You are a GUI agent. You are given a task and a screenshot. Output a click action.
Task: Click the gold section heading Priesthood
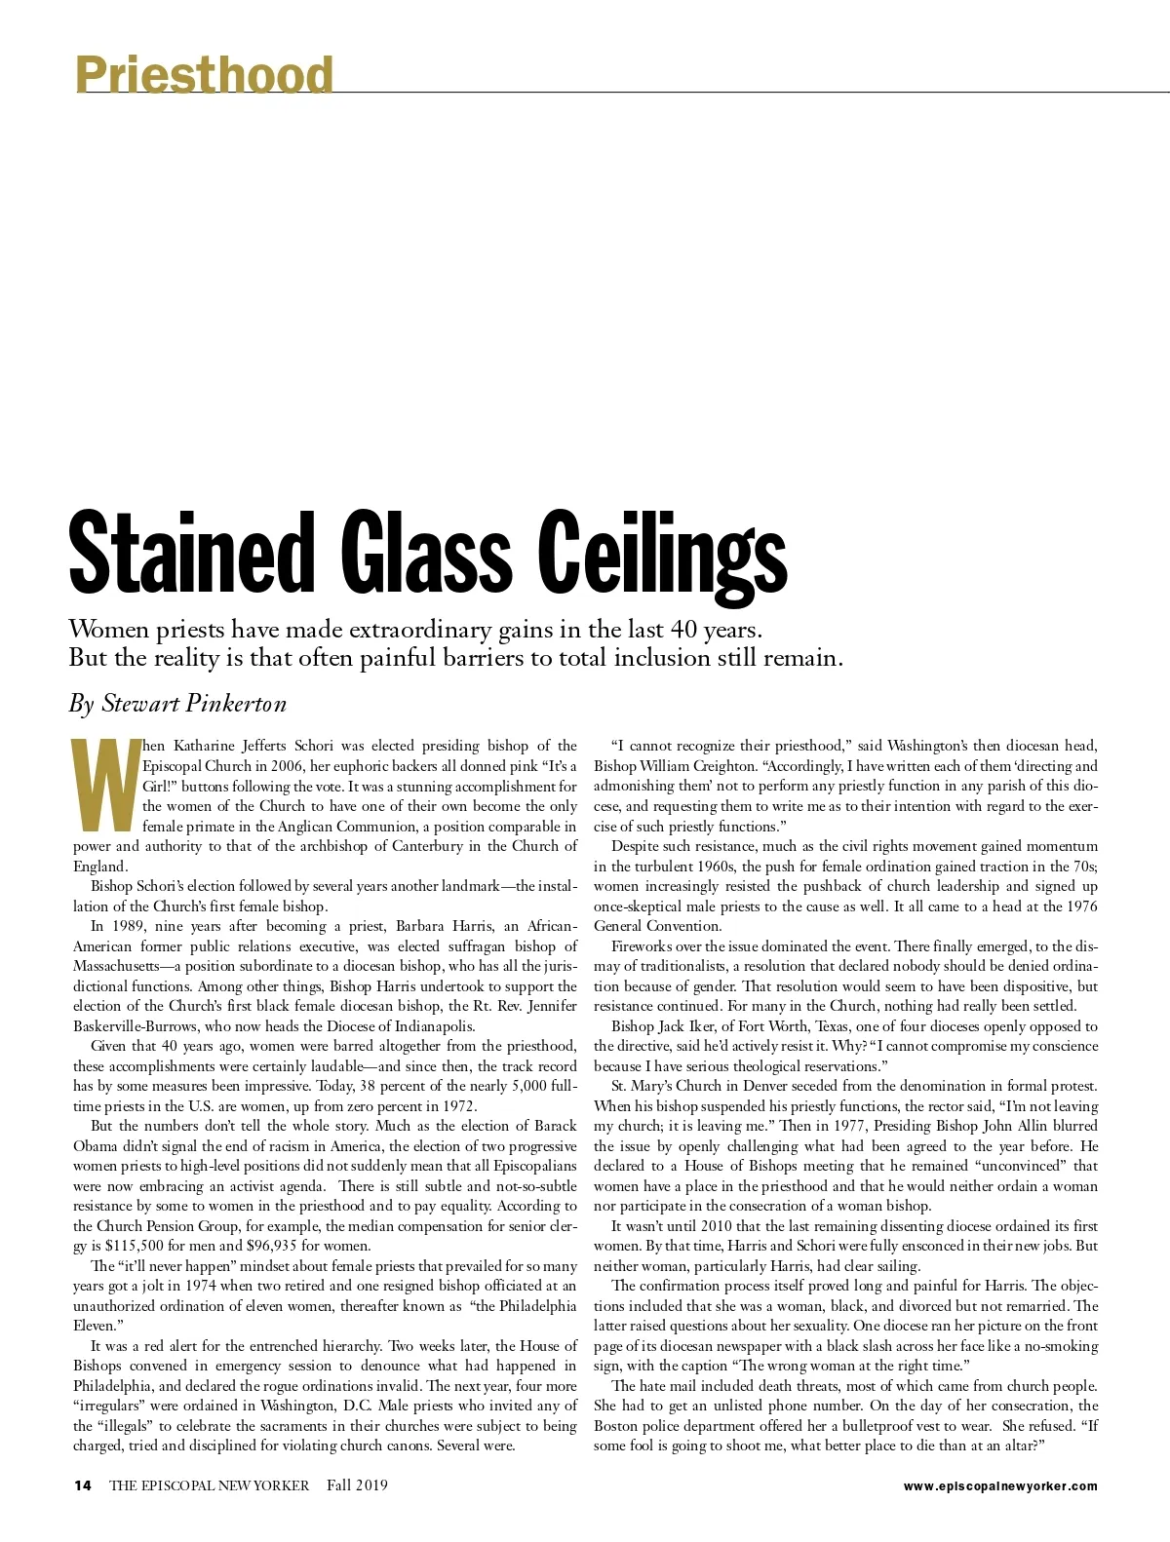[204, 74]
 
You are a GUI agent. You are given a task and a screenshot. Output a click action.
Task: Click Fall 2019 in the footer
[357, 1485]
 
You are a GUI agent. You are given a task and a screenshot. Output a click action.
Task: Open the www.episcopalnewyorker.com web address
[1000, 1486]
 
